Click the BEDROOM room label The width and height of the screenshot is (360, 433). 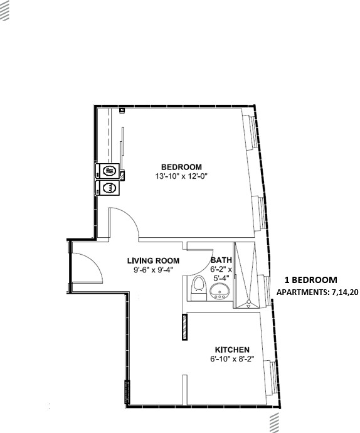click(181, 166)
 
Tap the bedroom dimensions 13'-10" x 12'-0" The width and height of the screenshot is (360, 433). click(181, 176)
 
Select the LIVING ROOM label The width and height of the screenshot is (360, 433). click(153, 260)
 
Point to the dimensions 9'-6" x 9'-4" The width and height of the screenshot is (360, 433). click(153, 270)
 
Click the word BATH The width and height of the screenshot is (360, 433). click(221, 260)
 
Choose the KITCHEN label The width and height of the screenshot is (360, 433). click(232, 350)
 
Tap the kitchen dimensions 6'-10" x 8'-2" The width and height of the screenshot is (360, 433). click(232, 360)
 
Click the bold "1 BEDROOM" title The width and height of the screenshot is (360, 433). click(311, 280)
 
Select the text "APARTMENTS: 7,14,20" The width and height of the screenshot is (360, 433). click(317, 292)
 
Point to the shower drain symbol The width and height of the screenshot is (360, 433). click(249, 302)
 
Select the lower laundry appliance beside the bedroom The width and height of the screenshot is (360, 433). click(109, 188)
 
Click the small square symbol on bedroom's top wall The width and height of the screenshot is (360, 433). click(122, 110)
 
